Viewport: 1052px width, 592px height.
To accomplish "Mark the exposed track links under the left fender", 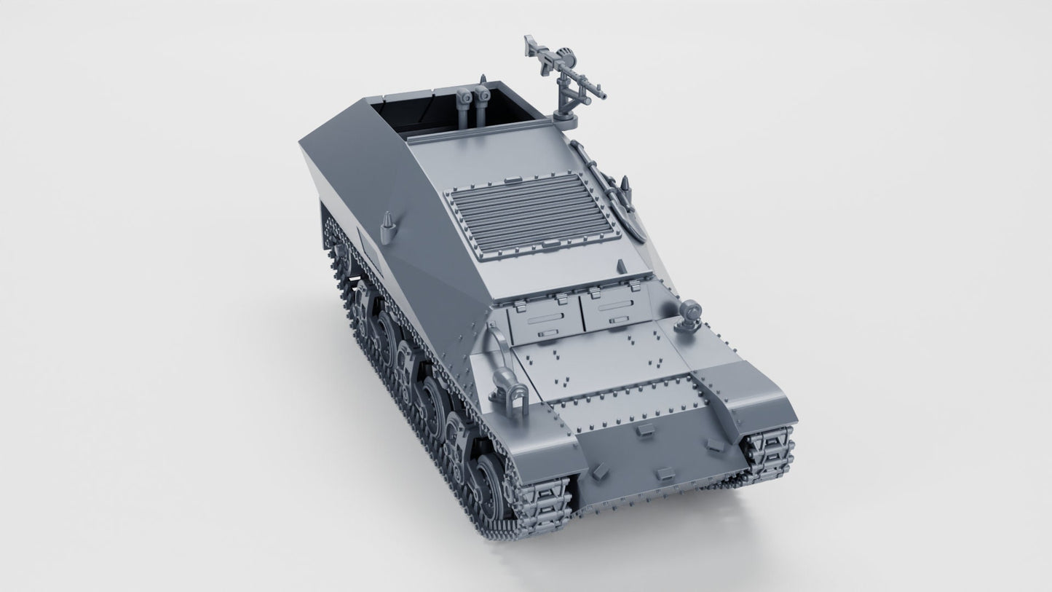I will click(542, 508).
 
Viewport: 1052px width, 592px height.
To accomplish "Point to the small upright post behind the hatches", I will click(620, 267).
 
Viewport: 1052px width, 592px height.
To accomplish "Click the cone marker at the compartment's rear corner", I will click(483, 78).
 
